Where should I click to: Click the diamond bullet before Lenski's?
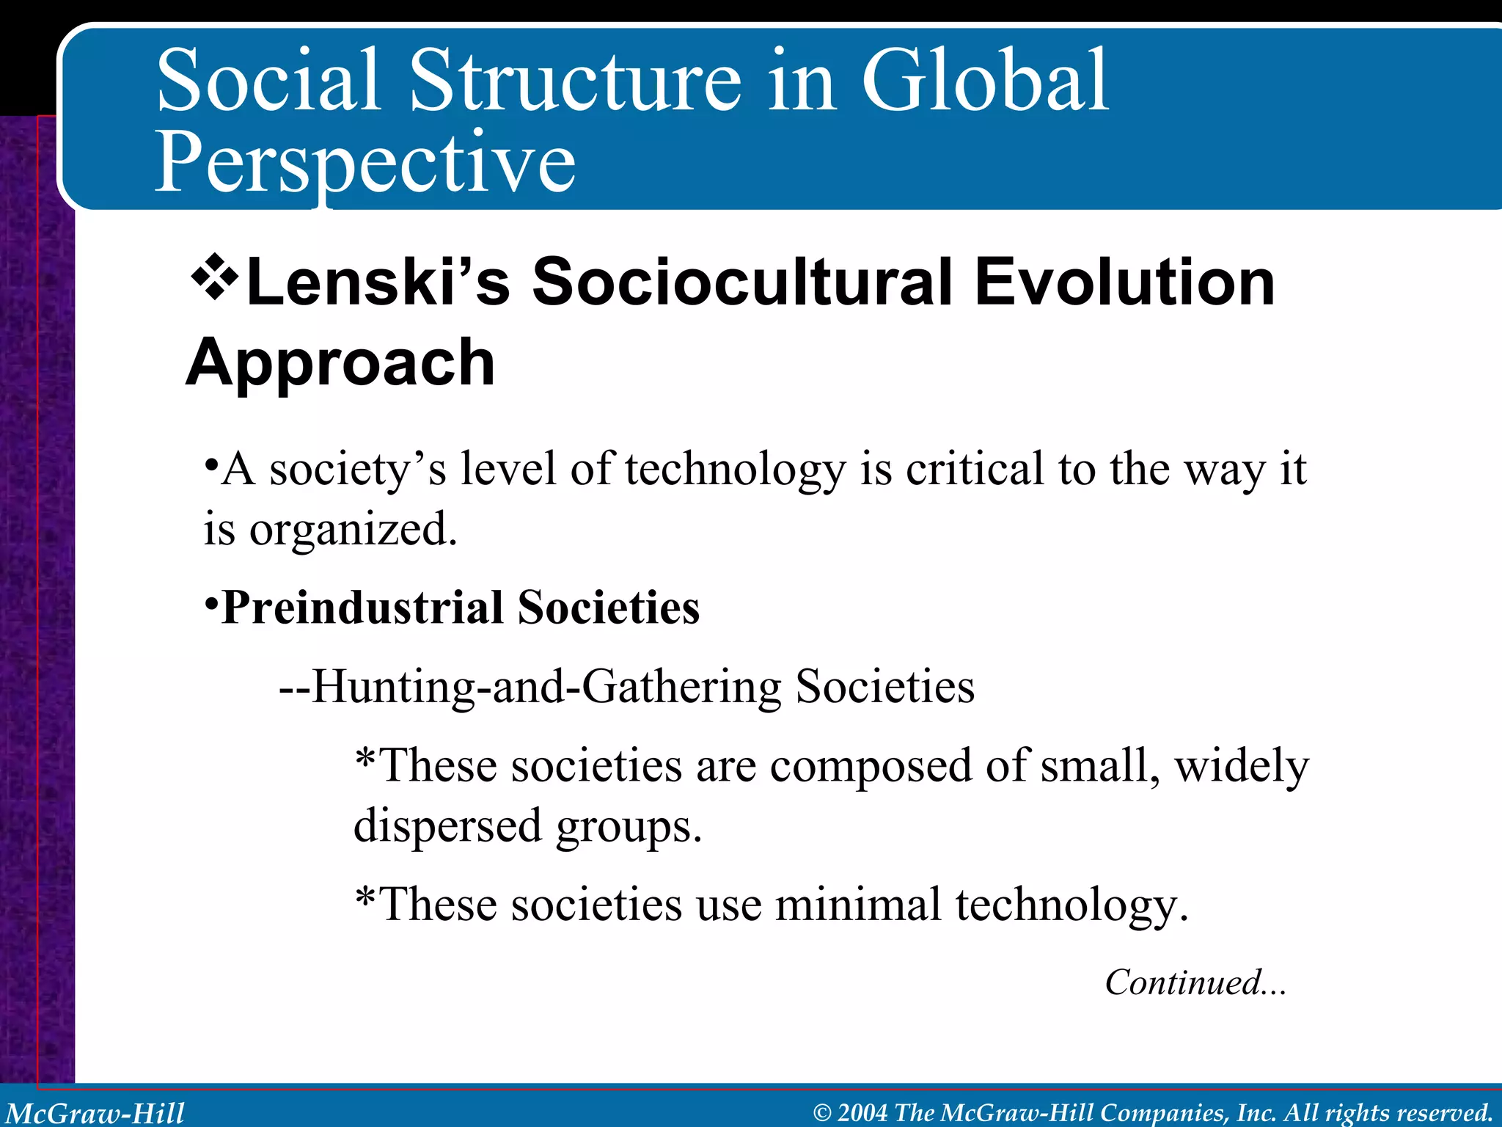[215, 277]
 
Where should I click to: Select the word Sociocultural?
[741, 282]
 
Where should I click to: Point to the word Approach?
[340, 362]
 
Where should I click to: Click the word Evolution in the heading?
[1125, 282]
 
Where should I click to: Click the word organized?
[353, 530]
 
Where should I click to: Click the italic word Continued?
[1183, 982]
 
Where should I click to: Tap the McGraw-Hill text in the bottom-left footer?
[95, 1113]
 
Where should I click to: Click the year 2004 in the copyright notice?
[862, 1113]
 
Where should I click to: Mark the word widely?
[1242, 766]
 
